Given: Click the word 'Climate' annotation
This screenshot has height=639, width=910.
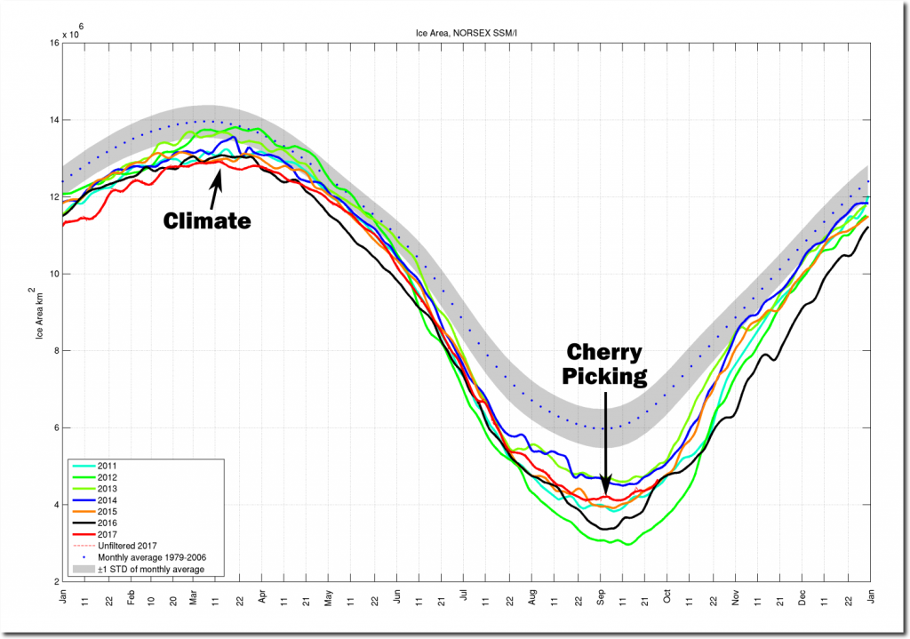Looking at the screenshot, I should click(x=207, y=220).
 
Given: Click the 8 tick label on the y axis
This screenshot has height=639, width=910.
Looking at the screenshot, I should click(x=55, y=351).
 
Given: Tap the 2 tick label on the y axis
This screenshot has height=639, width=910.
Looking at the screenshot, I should click(x=55, y=582).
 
